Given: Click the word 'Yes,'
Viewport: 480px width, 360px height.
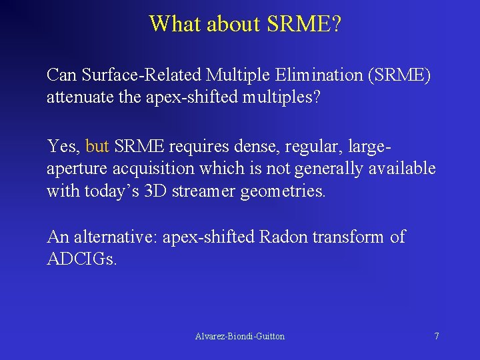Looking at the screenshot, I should [x=63, y=145].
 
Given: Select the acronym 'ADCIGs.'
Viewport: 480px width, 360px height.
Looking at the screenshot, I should [x=82, y=259].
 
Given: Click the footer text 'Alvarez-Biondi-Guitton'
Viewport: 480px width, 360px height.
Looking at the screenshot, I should [x=239, y=337].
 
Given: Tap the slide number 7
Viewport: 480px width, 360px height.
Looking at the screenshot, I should [x=437, y=337].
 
